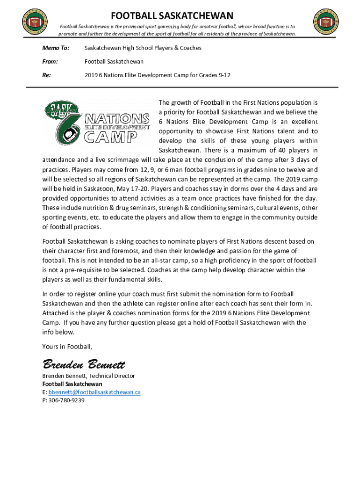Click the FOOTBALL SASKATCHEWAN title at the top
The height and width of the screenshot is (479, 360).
[172, 16]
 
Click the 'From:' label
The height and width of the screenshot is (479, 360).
[50, 61]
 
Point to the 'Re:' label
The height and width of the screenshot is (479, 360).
[47, 75]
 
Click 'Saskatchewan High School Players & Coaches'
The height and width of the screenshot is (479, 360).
[143, 48]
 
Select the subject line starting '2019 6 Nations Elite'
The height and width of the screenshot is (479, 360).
[157, 75]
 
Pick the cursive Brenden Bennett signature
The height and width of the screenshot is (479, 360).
[84, 363]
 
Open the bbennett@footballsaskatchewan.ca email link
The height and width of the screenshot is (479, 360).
[94, 392]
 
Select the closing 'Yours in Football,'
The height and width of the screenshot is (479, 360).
[67, 347]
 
